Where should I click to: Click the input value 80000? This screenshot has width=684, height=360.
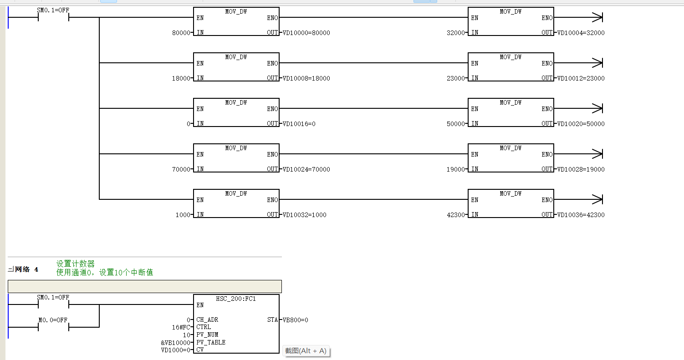pos(181,33)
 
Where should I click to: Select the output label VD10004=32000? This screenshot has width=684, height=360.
pos(581,33)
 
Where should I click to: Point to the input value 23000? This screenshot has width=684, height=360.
pos(455,78)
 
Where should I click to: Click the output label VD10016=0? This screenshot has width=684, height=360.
pos(299,123)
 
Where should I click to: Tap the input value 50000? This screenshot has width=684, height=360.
pos(455,123)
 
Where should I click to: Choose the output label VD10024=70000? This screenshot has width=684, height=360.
pos(306,169)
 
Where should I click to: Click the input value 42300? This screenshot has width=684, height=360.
pos(455,214)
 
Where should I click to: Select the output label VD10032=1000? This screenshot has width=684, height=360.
pos(305,214)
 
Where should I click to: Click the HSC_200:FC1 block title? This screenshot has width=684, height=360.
pos(236,299)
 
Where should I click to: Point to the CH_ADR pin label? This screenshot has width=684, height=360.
pos(207,319)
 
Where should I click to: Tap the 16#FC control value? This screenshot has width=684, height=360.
pos(181,327)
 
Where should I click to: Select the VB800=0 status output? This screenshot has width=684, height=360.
pos(295,320)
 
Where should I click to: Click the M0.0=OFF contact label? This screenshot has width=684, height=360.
pos(53,320)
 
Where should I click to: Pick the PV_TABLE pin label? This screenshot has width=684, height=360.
pos(211,342)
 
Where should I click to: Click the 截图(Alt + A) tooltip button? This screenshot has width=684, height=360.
pos(306,351)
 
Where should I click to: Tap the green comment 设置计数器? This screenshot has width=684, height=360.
pos(76,264)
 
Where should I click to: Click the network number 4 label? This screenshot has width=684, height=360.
pos(36,269)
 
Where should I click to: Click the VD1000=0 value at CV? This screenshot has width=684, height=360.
pos(176,350)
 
